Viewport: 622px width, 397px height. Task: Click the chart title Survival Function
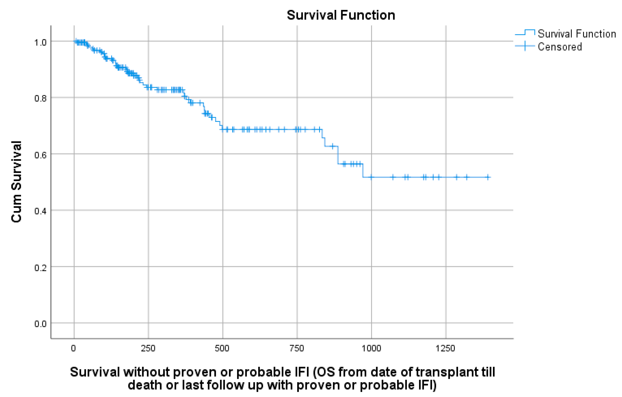(341, 15)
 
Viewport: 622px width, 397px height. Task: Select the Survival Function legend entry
(577, 34)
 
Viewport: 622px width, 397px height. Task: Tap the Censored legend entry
(559, 47)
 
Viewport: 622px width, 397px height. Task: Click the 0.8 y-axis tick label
(40, 98)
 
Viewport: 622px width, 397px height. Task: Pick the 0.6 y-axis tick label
(40, 155)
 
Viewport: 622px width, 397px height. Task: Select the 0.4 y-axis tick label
(40, 211)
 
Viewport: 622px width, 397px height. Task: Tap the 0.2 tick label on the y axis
(40, 268)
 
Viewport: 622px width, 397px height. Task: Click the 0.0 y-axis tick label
(40, 324)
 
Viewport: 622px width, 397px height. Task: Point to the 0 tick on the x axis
(74, 348)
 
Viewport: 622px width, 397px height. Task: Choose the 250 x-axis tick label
(148, 348)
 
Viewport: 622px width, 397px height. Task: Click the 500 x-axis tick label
(222, 348)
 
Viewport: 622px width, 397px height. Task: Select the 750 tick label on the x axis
(296, 348)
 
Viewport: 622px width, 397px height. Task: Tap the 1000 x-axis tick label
(371, 348)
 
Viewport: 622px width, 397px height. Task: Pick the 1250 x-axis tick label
(445, 348)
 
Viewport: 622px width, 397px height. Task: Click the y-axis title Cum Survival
(16, 181)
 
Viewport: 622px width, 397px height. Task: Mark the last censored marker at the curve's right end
(488, 177)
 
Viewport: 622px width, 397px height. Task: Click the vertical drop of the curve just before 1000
(363, 170)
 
